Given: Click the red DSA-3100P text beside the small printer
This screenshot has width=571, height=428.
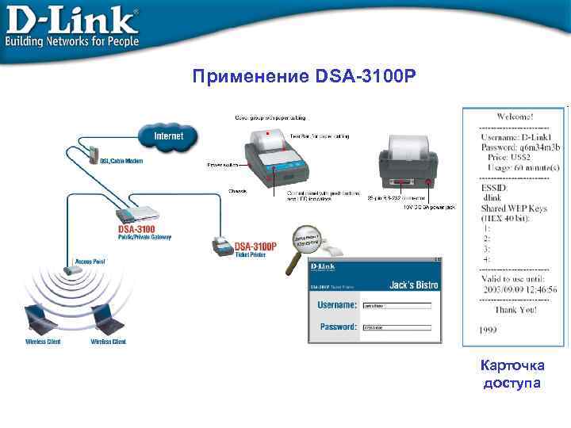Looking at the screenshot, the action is [x=256, y=246].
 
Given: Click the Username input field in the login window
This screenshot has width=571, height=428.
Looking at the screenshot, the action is [x=397, y=304].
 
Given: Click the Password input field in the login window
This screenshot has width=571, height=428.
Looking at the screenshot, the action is [x=397, y=327].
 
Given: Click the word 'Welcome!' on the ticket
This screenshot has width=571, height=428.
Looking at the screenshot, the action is [x=515, y=117].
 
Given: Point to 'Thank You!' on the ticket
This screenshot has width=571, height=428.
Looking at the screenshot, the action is [x=516, y=310].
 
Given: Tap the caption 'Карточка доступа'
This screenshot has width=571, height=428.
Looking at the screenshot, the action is [x=512, y=374].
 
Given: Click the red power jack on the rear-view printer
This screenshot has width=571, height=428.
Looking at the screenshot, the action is [x=429, y=182].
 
